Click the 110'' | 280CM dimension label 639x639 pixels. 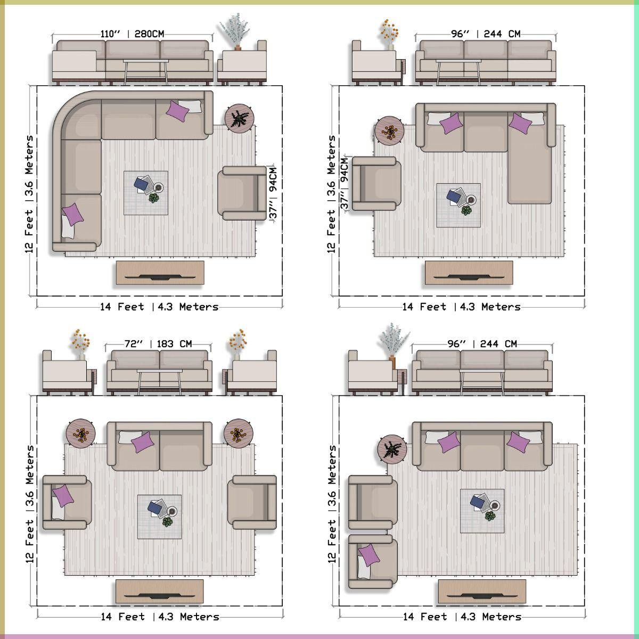point(132,34)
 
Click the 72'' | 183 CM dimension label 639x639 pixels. point(158,344)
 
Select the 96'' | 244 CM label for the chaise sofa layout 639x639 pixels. point(486,34)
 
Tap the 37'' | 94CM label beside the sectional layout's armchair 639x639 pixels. point(273,193)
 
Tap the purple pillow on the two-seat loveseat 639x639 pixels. point(143,443)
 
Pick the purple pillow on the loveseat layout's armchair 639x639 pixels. point(63,496)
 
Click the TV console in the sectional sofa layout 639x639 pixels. point(160,273)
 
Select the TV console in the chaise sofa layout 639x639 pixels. point(469,273)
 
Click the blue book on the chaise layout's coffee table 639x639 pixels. point(454,195)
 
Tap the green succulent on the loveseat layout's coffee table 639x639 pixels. point(168,522)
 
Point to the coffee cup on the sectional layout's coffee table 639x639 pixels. point(159,187)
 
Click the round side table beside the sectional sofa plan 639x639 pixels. point(240,119)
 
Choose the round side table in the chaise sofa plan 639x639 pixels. point(389,130)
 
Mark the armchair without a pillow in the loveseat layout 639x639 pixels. point(252,502)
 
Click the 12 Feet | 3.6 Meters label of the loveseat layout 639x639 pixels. point(29,504)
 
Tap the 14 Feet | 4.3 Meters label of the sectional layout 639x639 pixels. point(160,307)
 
